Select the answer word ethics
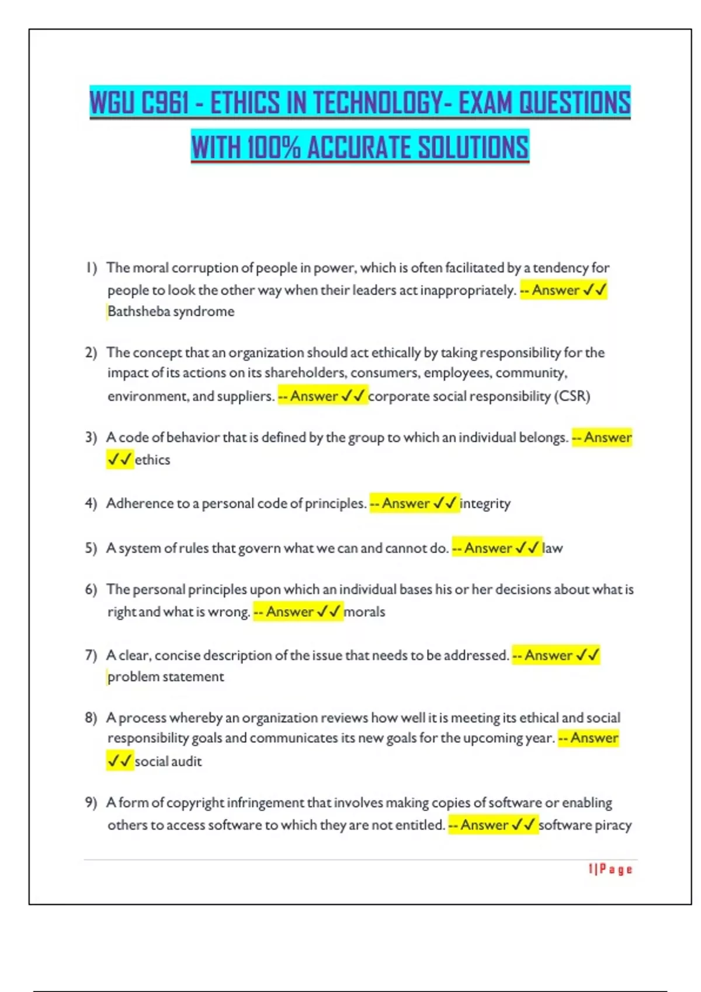point(152,460)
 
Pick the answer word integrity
point(485,504)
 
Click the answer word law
point(553,549)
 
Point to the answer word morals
point(365,612)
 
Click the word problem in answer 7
point(133,677)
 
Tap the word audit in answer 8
point(187,762)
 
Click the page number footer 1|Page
point(610,869)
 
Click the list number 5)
point(91,549)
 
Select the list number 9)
point(91,803)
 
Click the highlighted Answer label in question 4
point(405,504)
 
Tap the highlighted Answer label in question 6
point(290,612)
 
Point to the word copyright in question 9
point(195,803)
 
